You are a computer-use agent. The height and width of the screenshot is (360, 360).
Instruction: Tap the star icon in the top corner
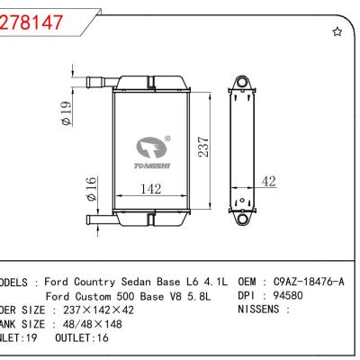point(337,32)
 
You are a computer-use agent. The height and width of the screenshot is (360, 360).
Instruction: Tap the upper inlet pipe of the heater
point(96,83)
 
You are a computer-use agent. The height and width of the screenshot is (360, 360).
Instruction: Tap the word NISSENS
point(265,309)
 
